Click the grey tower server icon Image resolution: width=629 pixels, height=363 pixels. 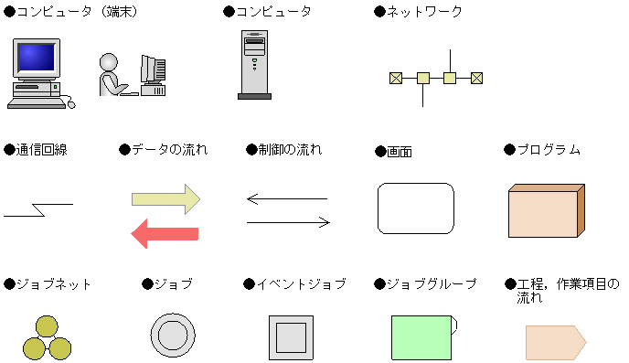tap(253, 63)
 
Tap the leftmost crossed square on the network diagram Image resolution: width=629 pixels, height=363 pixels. tap(395, 79)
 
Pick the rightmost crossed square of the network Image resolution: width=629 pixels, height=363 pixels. tap(476, 79)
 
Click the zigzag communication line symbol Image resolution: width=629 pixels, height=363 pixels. tap(37, 210)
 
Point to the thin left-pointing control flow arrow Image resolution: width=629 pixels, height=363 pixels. tap(286, 198)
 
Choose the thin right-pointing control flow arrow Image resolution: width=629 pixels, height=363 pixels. tap(288, 221)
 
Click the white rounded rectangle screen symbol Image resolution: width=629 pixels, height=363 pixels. tap(416, 208)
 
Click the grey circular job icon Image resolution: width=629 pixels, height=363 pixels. tap(173, 336)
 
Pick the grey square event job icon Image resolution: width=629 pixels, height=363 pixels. tap(291, 336)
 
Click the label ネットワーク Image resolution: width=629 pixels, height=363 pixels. tap(423, 12)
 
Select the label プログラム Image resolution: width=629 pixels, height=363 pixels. tap(549, 149)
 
